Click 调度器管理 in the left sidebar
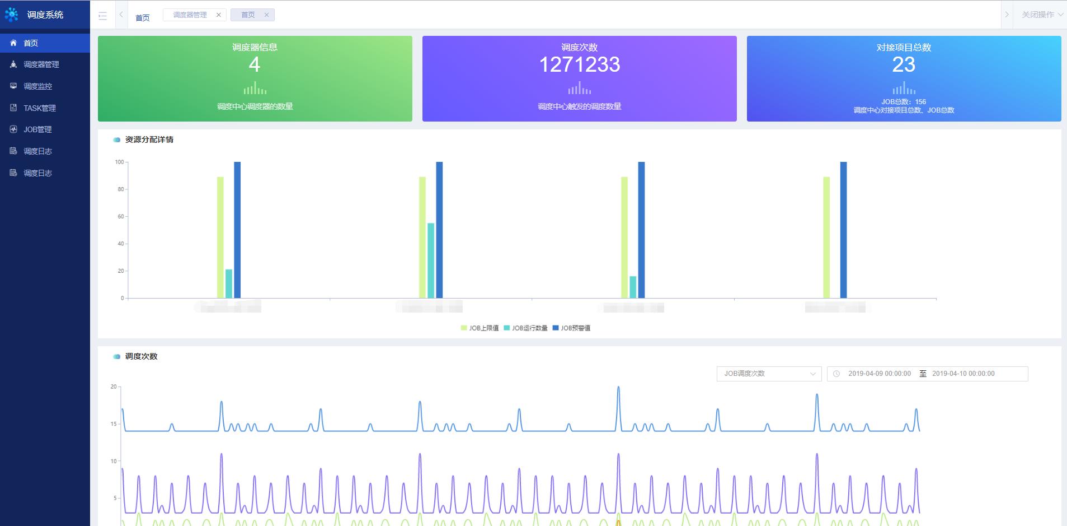pos(41,64)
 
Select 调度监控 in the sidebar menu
pos(37,86)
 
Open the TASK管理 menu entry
pos(39,108)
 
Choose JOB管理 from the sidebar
pos(37,129)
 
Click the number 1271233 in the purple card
pos(579,65)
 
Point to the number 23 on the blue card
pos(904,65)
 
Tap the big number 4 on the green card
pos(255,65)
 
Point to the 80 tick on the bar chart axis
pos(120,189)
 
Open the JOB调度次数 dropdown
pos(769,374)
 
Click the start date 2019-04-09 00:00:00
pos(879,374)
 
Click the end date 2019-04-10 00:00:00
pos(963,374)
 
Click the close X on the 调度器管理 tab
pos(219,15)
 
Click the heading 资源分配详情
pos(149,139)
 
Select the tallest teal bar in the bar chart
pos(431,260)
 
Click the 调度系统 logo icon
pos(12,15)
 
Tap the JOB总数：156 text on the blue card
pos(904,102)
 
